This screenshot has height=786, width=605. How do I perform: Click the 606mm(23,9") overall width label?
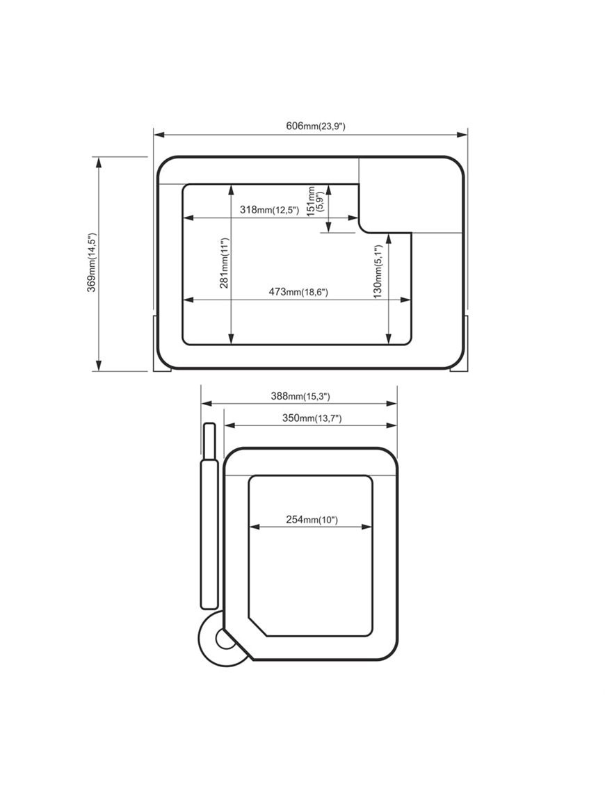[315, 126]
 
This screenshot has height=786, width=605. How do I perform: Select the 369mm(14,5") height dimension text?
[91, 262]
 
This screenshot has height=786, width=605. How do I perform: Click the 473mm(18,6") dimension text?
[298, 293]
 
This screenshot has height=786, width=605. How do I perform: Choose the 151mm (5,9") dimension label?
[315, 202]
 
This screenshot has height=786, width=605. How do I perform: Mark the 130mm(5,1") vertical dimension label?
[378, 272]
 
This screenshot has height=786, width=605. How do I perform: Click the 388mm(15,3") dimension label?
[300, 396]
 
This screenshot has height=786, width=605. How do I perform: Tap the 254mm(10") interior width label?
[312, 519]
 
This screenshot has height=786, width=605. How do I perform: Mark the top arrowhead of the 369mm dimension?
[99, 162]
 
